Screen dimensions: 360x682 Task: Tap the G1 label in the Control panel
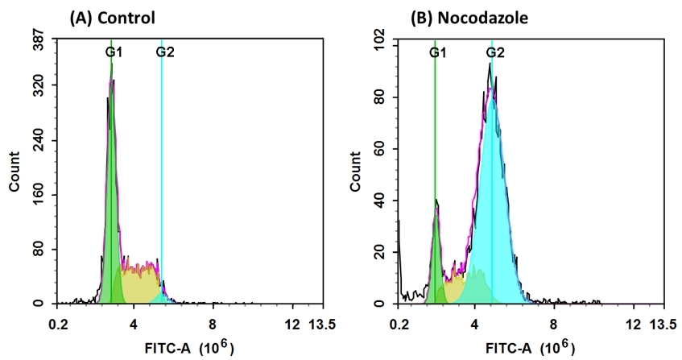pyautogui.click(x=114, y=52)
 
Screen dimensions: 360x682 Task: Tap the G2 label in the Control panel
pyautogui.click(x=165, y=52)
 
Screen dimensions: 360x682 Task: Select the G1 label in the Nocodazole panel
pyautogui.click(x=438, y=52)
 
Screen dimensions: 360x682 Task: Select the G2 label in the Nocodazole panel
pyautogui.click(x=495, y=52)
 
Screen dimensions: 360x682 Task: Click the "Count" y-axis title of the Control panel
pyautogui.click(x=14, y=171)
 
